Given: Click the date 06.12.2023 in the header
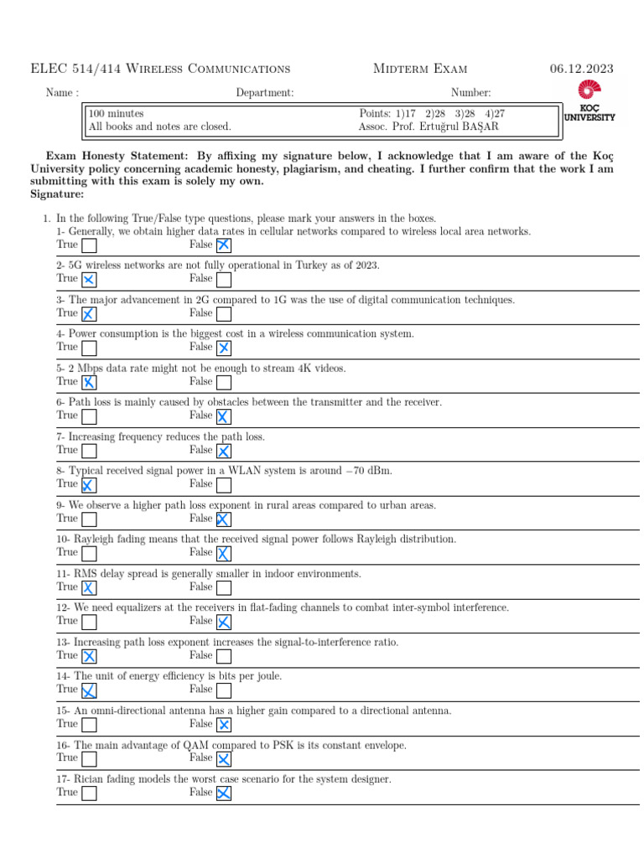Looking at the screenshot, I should [582, 69].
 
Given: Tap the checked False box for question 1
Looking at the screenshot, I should [224, 246].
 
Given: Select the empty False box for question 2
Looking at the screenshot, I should [224, 280].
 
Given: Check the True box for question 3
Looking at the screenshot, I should [89, 314].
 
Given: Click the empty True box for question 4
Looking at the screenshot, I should [89, 348].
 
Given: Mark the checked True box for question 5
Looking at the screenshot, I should [89, 382].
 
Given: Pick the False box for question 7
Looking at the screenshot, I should [224, 451].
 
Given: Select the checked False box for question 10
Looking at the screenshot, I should [224, 554].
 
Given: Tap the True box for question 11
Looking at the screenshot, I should [89, 588].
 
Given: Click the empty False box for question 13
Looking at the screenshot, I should [224, 656].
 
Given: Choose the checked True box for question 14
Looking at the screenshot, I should [89, 690].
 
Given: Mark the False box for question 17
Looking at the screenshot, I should [224, 793].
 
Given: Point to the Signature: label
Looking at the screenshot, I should [57, 194].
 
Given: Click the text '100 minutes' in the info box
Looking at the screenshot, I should [116, 113].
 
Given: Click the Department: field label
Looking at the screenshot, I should [265, 93].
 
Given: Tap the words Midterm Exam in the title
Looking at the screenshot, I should [420, 69].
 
